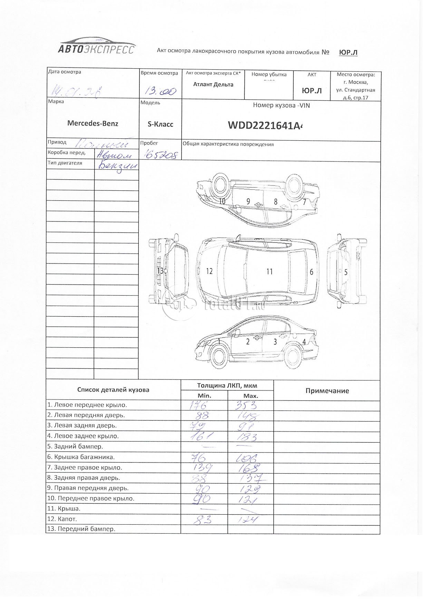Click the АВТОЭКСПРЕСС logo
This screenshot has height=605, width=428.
point(96,46)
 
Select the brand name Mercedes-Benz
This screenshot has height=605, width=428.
point(93,123)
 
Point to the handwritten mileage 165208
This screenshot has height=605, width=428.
point(160,155)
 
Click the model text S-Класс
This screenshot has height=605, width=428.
point(160,124)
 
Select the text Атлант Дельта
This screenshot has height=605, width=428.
point(213,85)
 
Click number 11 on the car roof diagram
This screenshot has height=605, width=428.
point(270,272)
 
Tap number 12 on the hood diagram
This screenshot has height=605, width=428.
point(209,271)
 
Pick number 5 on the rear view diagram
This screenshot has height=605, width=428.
point(346,272)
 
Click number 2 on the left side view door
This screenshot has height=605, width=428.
point(247,342)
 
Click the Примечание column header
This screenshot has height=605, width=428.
point(327,391)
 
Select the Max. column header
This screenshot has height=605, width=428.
point(251,396)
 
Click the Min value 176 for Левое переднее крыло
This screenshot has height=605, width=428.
point(199,405)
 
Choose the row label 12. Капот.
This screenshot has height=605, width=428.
point(62,519)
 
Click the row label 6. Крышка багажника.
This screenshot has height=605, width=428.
point(81,457)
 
